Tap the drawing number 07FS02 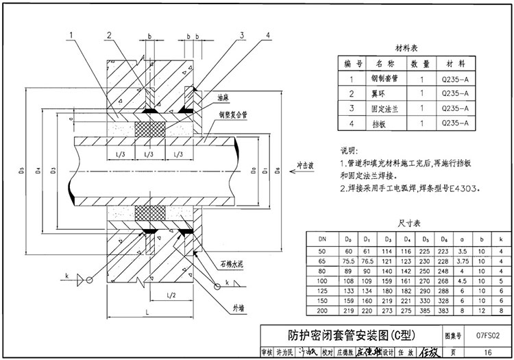click(x=488, y=336)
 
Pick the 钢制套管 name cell click(x=382, y=78)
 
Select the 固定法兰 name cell click(x=382, y=108)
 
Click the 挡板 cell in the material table click(x=382, y=123)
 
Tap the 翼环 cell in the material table click(x=382, y=93)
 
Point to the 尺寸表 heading click(x=408, y=224)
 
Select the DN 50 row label click(x=322, y=251)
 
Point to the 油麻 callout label click(x=222, y=98)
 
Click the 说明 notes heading click(x=349, y=150)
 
